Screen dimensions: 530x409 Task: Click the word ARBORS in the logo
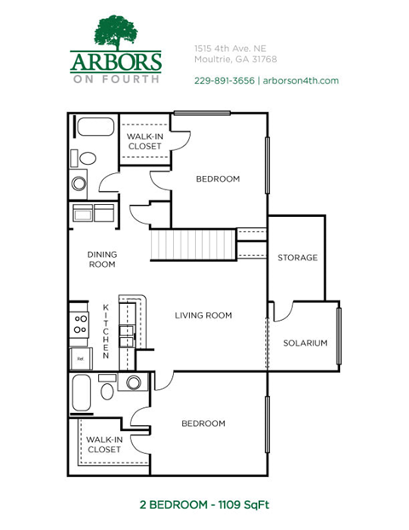click(x=115, y=62)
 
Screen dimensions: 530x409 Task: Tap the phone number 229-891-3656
click(x=222, y=80)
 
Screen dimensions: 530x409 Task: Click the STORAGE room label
click(x=297, y=258)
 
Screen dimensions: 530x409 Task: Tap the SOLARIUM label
click(x=305, y=343)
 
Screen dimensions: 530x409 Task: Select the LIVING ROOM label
click(x=204, y=316)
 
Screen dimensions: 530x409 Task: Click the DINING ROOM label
click(x=102, y=259)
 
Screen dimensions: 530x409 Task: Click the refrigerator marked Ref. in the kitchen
click(x=80, y=358)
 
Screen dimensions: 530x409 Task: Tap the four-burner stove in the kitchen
click(x=80, y=323)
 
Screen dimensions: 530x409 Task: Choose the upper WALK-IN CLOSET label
click(x=144, y=141)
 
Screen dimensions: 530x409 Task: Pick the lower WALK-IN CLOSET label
click(x=104, y=444)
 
